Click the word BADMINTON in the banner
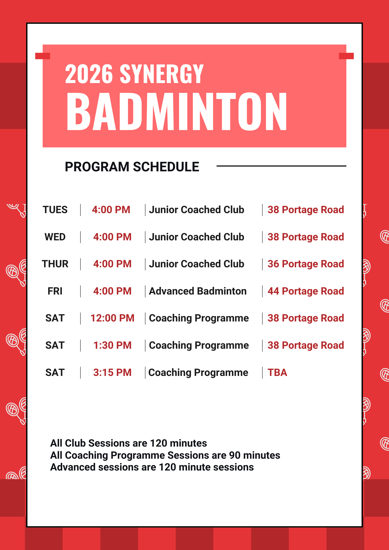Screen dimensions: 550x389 click(x=177, y=111)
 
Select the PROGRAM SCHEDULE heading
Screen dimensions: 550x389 click(x=132, y=167)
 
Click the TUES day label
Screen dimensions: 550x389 click(x=55, y=210)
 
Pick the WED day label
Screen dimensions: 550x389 click(x=55, y=237)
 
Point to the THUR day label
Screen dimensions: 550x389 click(x=55, y=264)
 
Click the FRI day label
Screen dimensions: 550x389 click(x=55, y=291)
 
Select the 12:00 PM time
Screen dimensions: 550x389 click(x=112, y=318)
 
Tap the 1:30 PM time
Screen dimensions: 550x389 click(x=112, y=345)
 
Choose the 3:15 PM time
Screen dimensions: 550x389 click(x=112, y=373)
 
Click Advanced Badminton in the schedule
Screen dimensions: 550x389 click(x=198, y=291)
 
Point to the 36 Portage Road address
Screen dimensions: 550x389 click(x=306, y=264)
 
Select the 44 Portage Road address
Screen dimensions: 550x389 click(x=306, y=291)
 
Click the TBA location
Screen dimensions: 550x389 click(x=277, y=373)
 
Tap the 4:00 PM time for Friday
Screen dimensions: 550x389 click(x=112, y=291)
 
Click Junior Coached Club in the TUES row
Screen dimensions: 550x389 click(x=196, y=210)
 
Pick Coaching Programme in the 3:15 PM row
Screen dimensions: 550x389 click(x=198, y=373)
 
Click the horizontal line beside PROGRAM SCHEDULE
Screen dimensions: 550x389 click(x=281, y=166)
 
